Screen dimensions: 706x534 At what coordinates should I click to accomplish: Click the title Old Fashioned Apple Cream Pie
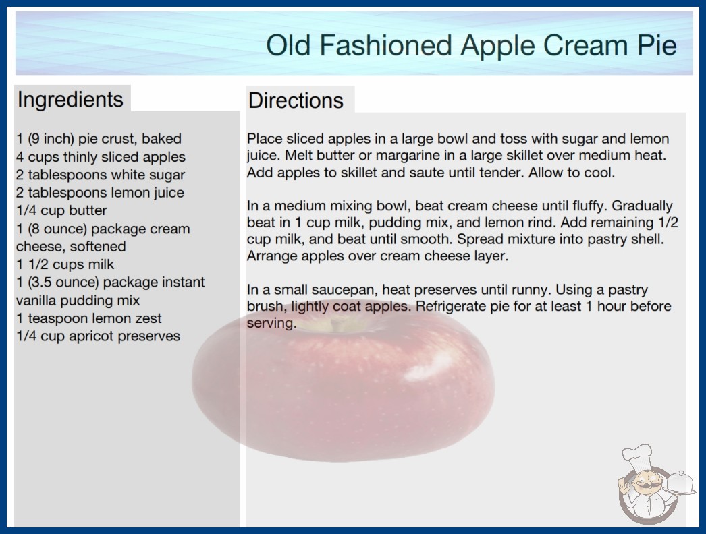(x=471, y=45)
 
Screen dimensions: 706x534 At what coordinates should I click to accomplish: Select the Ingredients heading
(x=70, y=99)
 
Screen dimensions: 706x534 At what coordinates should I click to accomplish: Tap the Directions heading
(x=296, y=100)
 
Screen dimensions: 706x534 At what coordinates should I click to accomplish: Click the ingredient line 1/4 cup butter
(x=61, y=210)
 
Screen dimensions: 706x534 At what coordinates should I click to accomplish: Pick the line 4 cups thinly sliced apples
(x=101, y=157)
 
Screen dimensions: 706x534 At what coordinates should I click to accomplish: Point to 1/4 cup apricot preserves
(x=98, y=336)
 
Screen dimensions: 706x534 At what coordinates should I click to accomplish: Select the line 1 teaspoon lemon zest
(x=88, y=318)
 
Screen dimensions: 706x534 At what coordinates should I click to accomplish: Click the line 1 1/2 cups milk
(x=65, y=264)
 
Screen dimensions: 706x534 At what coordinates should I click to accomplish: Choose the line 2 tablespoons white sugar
(x=101, y=175)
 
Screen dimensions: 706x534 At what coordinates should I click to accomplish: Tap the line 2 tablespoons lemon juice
(x=100, y=193)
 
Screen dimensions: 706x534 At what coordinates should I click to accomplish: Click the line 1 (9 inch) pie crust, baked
(x=99, y=139)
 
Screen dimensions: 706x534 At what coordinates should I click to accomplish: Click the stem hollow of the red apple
(x=336, y=324)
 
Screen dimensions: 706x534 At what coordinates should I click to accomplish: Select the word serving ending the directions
(x=271, y=324)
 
